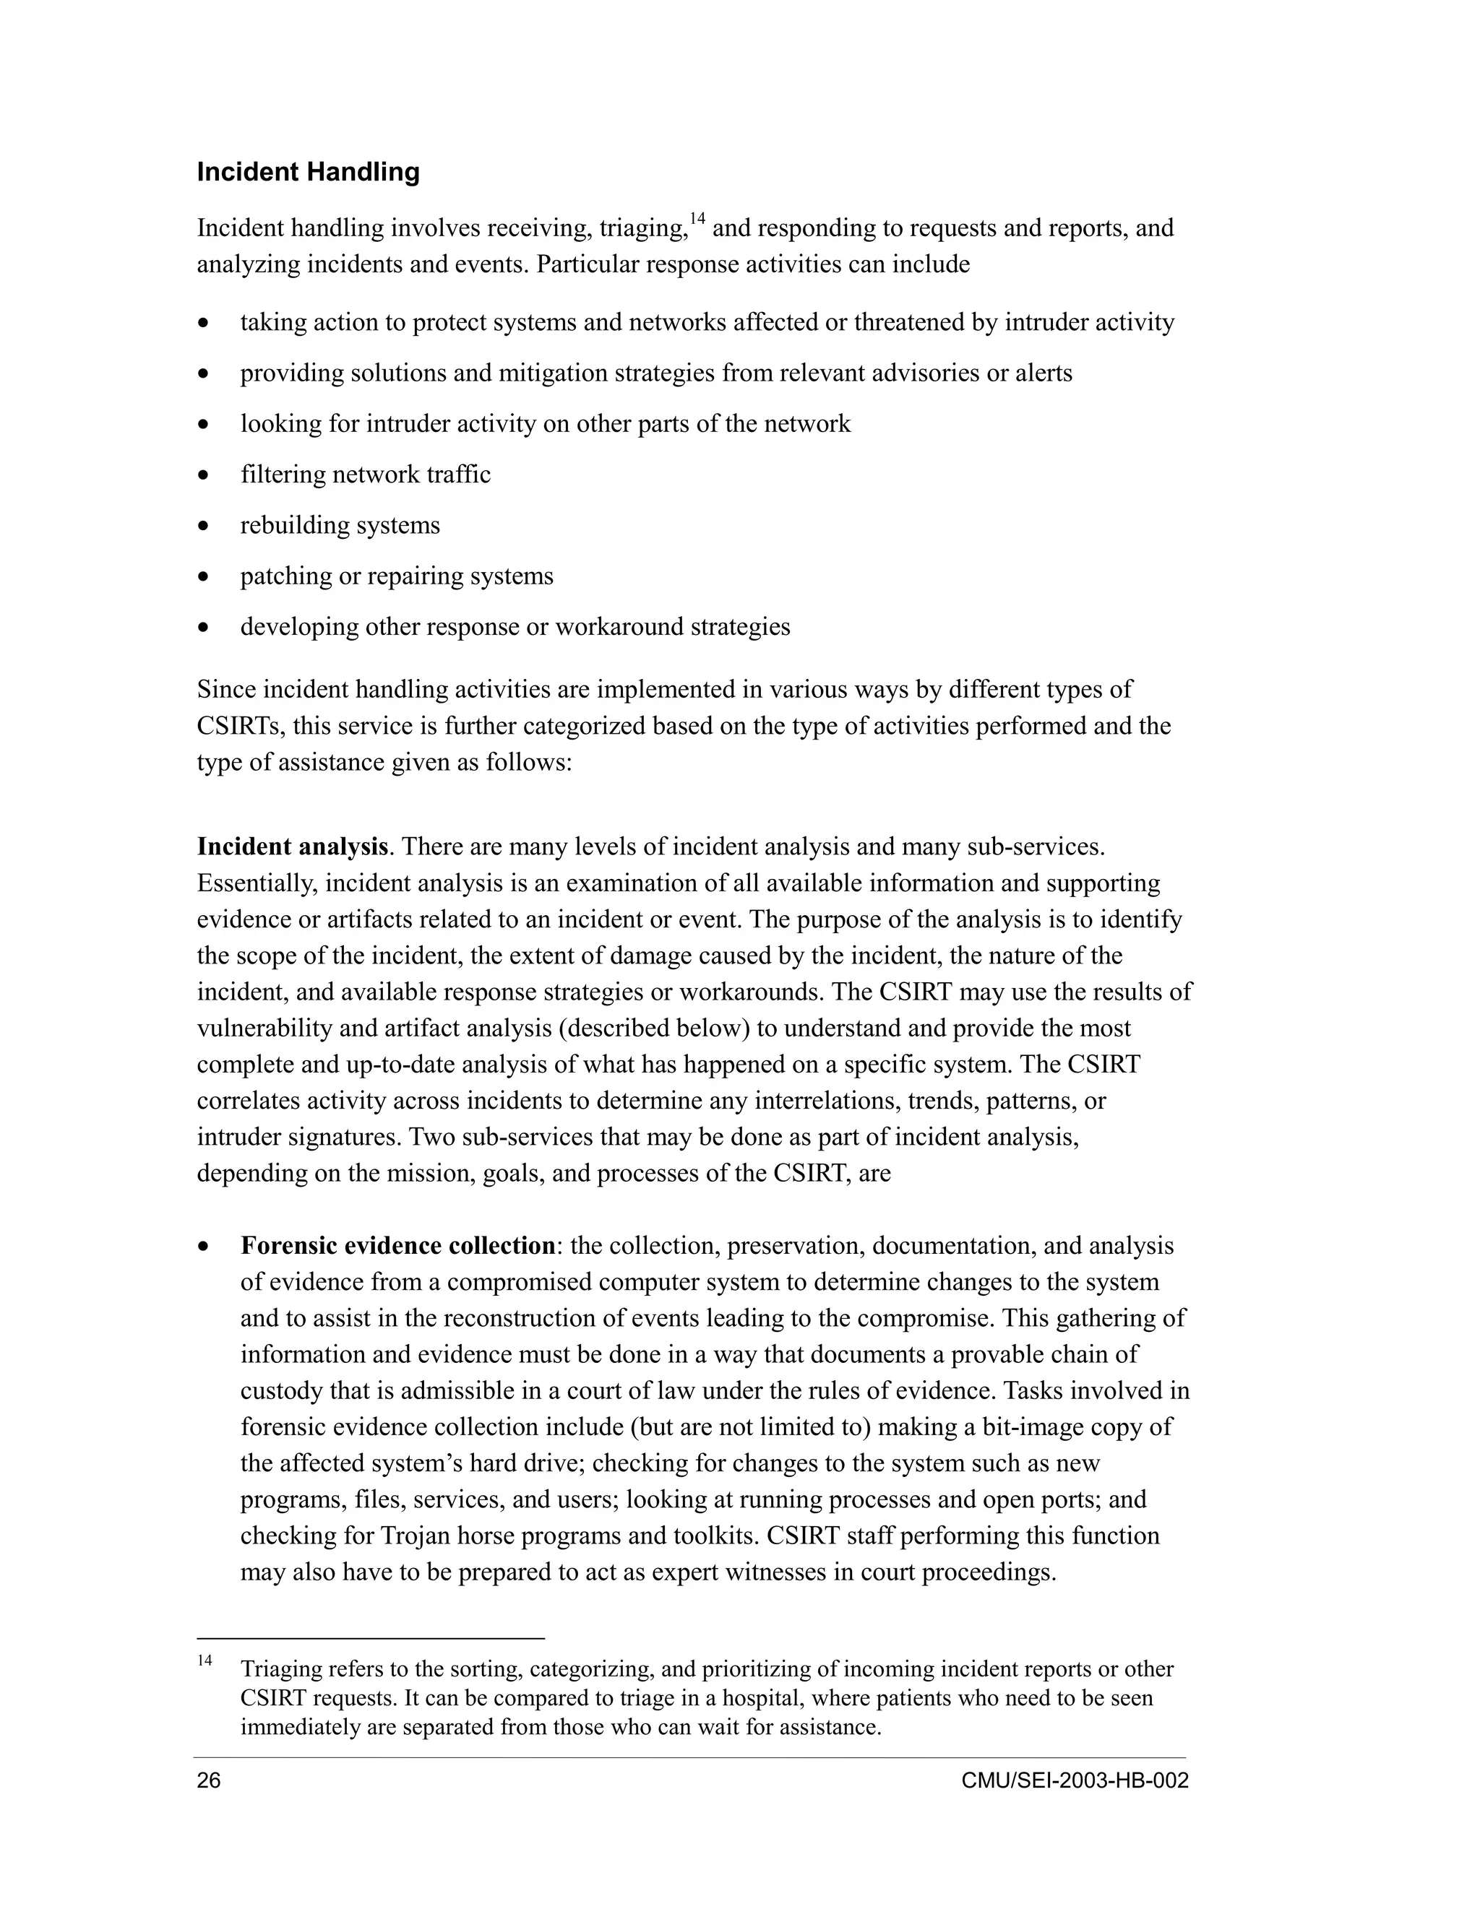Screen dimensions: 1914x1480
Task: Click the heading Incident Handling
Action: coord(308,172)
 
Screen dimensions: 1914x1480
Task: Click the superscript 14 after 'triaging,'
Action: coord(697,218)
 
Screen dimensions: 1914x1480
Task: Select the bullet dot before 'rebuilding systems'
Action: coord(203,527)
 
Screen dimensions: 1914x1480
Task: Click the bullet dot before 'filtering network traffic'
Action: coord(203,476)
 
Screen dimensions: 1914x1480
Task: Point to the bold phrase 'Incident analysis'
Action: coord(292,846)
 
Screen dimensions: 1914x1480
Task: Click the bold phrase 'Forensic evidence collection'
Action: coord(398,1245)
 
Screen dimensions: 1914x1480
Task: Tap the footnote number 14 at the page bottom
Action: coord(205,1660)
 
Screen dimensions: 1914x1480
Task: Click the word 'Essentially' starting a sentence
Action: coord(256,883)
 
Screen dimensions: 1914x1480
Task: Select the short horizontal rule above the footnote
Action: coord(370,1637)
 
